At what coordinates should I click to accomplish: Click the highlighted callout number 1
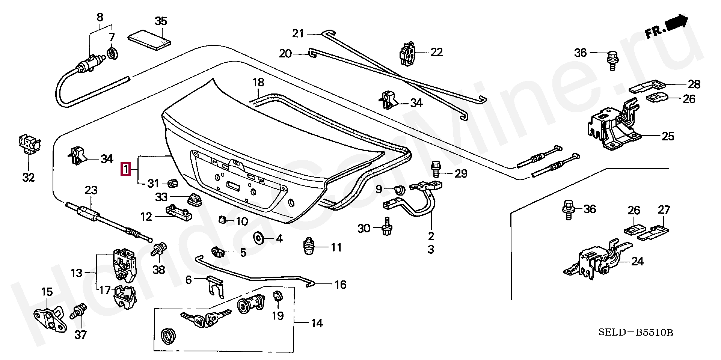pos(125,169)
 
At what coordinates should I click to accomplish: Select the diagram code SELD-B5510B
pos(635,333)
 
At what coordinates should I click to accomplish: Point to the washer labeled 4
pos(259,238)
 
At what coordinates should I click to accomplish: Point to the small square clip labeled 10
pos(222,220)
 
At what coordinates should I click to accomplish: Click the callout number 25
pos(668,136)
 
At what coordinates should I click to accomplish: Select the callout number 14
pos(317,323)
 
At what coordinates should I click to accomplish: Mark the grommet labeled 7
pos(112,53)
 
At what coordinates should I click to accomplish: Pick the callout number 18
pos(258,82)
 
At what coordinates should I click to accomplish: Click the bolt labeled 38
pos(158,249)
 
